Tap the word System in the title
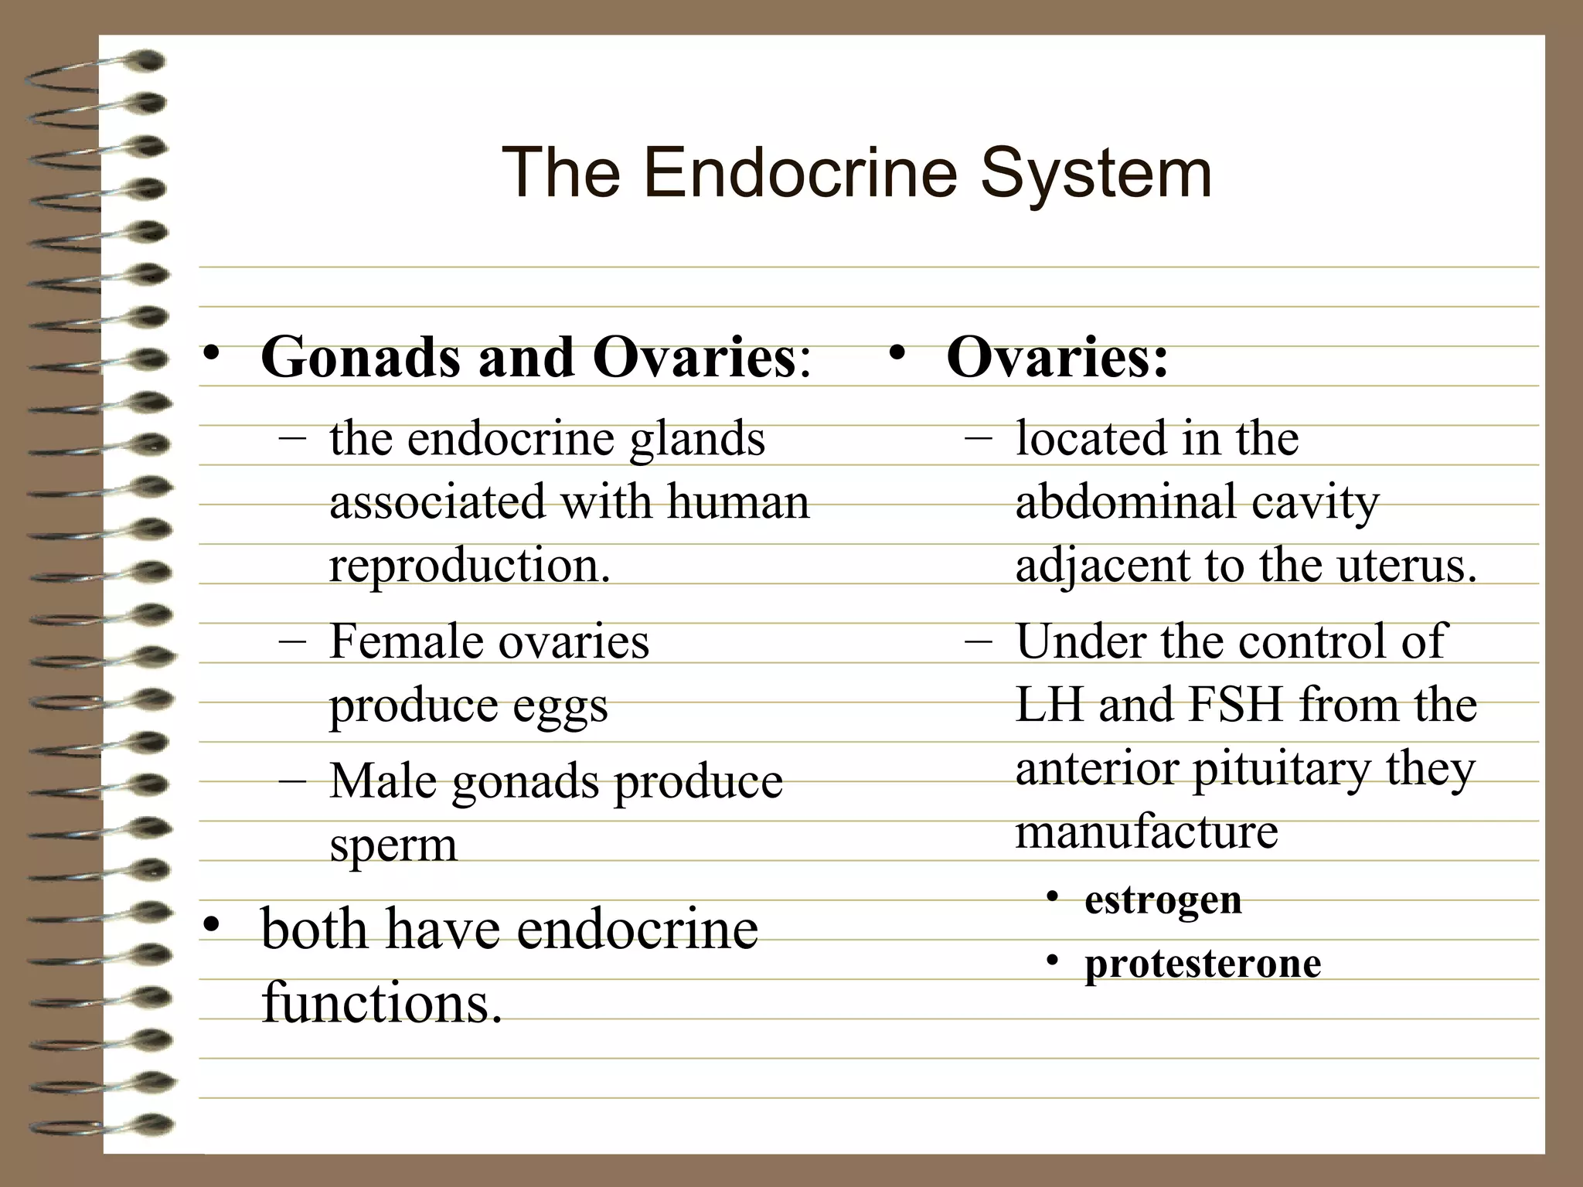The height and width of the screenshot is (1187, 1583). coord(1096,174)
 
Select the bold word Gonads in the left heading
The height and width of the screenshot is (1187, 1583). coord(361,358)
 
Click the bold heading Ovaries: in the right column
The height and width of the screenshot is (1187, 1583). coord(1057,358)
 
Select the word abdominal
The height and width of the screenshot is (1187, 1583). coord(1125,502)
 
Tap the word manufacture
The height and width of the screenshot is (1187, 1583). coord(1146,832)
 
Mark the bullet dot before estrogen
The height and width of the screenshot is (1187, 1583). coord(1051,897)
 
